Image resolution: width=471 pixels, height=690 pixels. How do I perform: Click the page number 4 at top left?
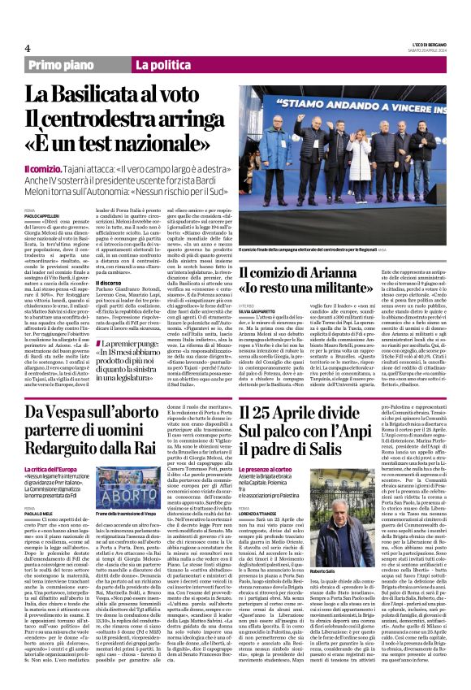(28, 48)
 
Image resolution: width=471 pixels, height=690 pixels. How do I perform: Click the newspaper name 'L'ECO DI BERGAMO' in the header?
(421, 45)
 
